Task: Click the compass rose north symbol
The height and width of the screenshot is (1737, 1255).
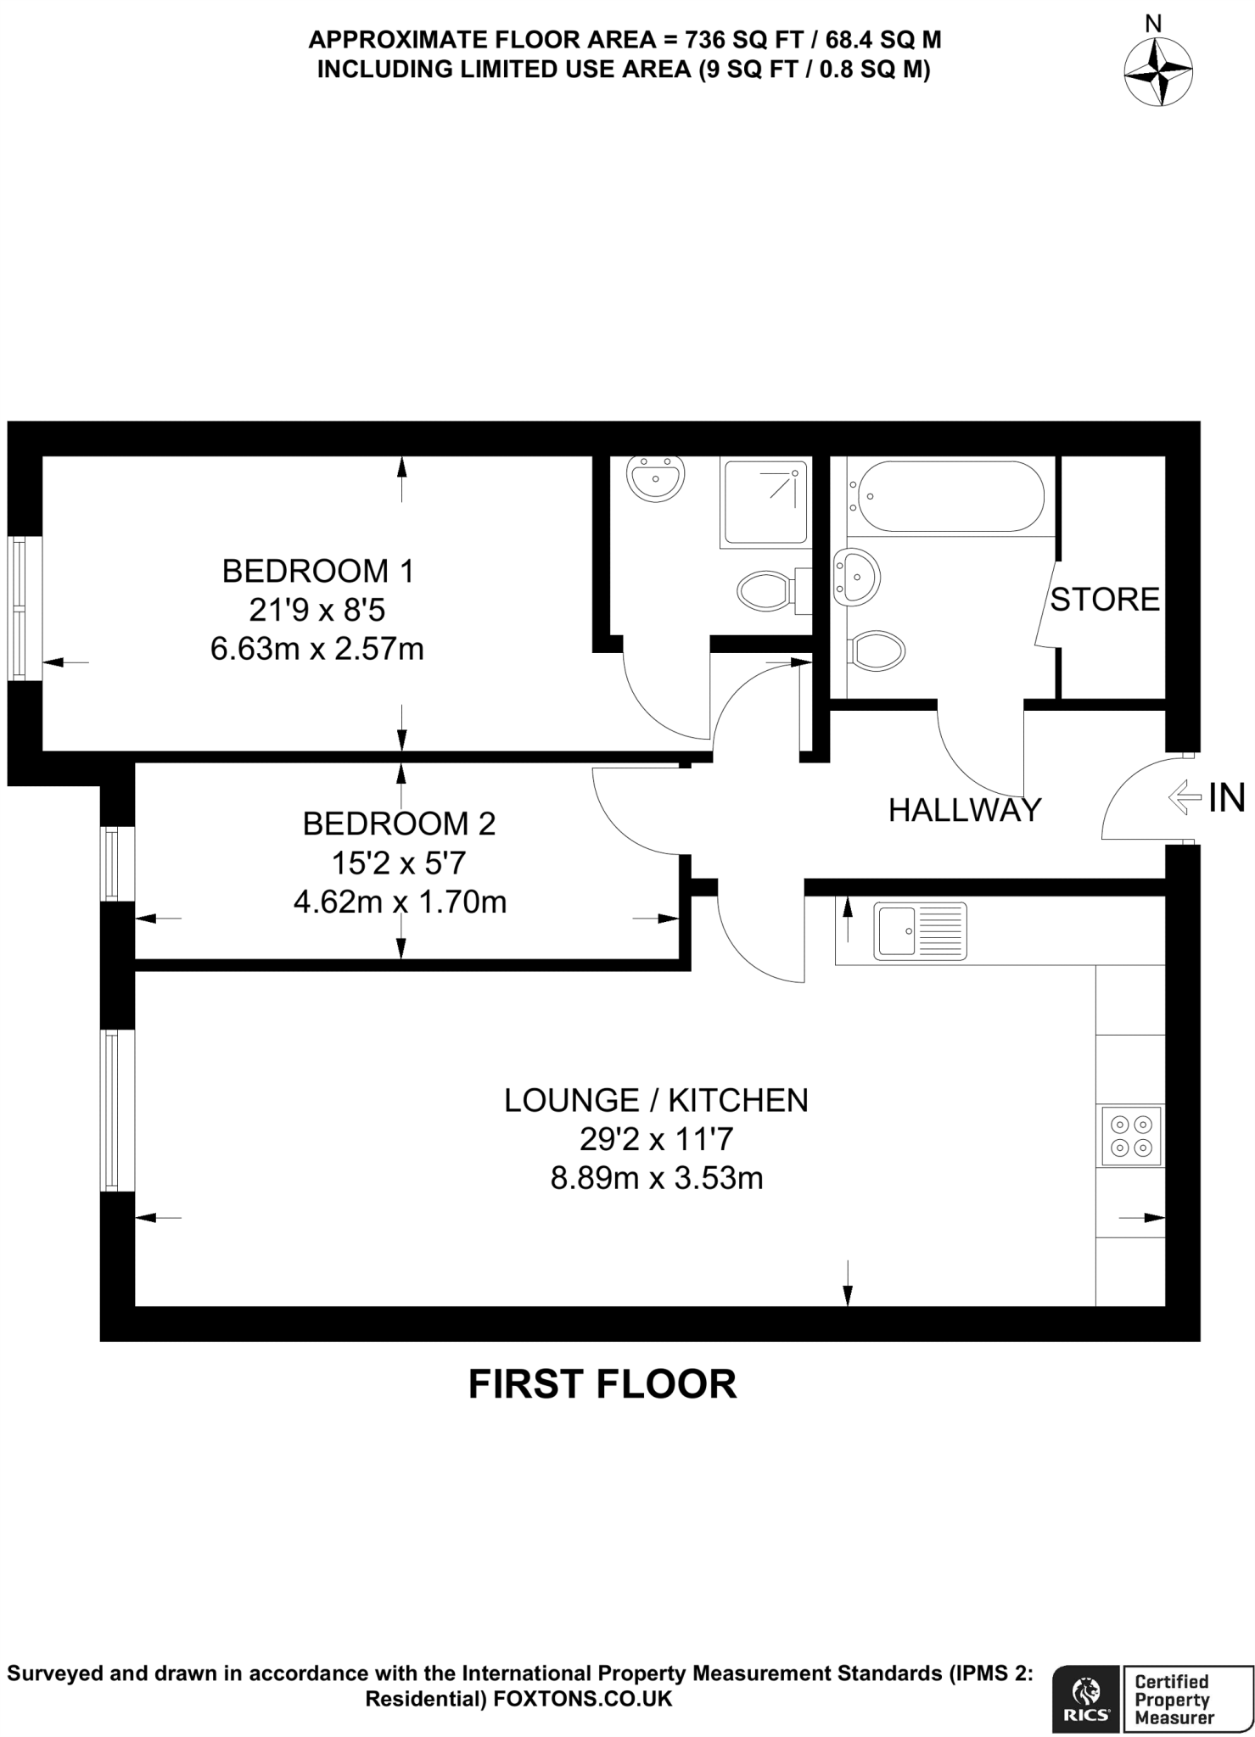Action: [x=1158, y=72]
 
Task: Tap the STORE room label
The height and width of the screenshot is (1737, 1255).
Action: [x=1105, y=600]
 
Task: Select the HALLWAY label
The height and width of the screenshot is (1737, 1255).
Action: [x=965, y=810]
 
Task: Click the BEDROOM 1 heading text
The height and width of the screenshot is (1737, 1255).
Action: [x=318, y=571]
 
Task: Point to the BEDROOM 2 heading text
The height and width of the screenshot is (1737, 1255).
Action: [x=399, y=823]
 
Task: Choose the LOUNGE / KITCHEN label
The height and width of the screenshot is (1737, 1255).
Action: [x=656, y=1100]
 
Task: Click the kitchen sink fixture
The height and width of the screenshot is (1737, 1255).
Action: [x=922, y=930]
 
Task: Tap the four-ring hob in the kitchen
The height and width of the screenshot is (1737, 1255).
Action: [x=1132, y=1137]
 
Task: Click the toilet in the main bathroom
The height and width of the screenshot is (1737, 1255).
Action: [x=873, y=651]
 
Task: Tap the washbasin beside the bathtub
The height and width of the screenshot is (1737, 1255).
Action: [x=857, y=577]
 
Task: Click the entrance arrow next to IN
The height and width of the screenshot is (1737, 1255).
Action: [x=1185, y=797]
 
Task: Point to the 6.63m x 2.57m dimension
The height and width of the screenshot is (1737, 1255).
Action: [x=317, y=649]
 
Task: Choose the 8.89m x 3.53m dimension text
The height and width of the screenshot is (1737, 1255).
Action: [x=657, y=1178]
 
